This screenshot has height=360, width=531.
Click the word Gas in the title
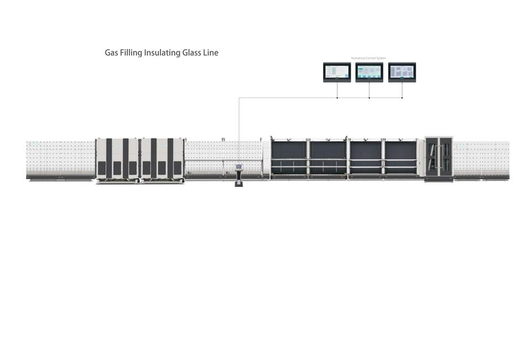click(111, 53)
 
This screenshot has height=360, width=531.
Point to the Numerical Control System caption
click(368, 58)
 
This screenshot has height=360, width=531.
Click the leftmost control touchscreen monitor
click(337, 72)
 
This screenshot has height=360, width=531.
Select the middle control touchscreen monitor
click(369, 72)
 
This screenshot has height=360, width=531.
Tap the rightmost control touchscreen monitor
click(402, 72)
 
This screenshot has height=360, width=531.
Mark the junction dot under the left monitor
click(337, 98)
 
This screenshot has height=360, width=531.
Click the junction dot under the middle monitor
click(369, 98)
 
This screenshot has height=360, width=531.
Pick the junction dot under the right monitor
click(402, 98)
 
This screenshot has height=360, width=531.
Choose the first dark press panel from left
click(289, 158)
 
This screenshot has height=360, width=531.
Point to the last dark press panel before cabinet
click(400, 158)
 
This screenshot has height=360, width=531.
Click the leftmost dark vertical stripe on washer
click(109, 158)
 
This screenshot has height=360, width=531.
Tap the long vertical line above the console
click(239, 130)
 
